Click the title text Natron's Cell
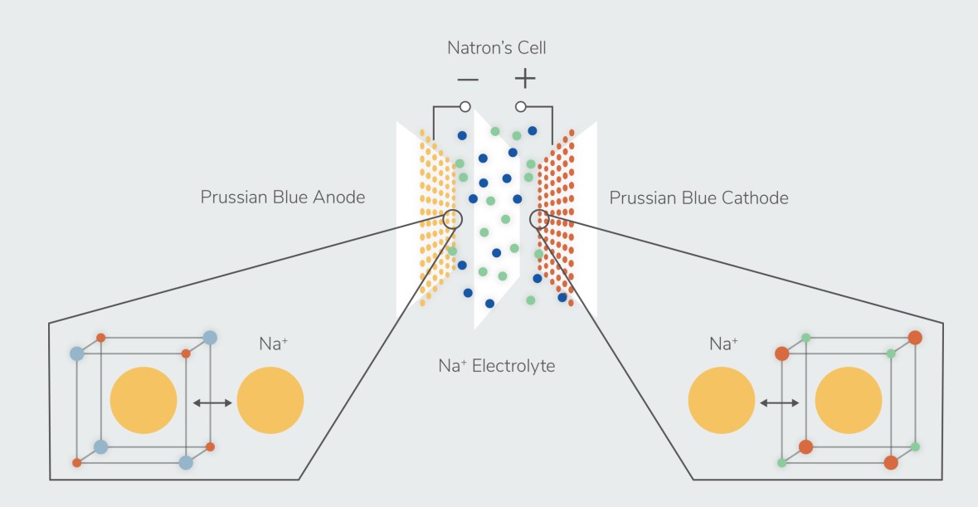496,47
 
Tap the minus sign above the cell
467,80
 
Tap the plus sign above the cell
524,79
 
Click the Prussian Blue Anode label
282,197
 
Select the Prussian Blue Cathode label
698,197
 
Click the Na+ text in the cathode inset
723,343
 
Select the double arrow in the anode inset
207,402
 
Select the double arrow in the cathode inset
779,402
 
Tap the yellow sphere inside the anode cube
144,401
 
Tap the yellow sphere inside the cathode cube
848,401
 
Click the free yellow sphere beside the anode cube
270,401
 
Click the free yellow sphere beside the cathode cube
722,401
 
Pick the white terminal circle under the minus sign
465,107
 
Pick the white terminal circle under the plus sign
521,107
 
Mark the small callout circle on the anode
453,218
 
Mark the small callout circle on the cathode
540,219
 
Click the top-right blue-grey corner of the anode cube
210,338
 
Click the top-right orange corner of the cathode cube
915,338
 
